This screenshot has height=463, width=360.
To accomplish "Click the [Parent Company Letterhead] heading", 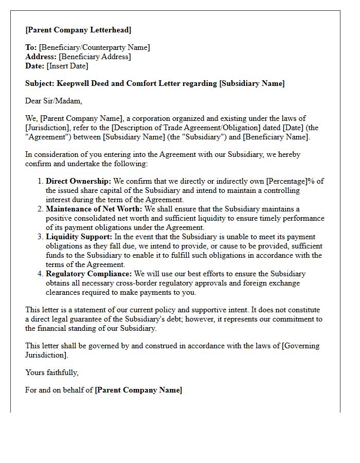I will pos(78,29).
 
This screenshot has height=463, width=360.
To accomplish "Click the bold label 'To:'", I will pos(31,47).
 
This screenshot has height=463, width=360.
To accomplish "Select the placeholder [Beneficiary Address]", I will pos(95,57).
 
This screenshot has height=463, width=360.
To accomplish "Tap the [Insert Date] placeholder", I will pos(67,66).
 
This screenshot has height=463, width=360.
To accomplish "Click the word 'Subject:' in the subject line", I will pos(40,83).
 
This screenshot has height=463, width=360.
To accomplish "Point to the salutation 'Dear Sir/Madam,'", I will pos(53,101).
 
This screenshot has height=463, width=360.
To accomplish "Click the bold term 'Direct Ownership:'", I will pos(78,181).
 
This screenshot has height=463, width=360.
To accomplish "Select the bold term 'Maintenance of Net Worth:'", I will pos(94,209).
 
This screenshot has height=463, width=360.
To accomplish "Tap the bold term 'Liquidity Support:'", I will pos(79,237).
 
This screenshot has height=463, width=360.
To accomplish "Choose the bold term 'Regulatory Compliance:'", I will pos(88,274).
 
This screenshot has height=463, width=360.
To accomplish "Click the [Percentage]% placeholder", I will pos(290,181).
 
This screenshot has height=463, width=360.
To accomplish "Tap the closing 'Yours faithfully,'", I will pos(52,372).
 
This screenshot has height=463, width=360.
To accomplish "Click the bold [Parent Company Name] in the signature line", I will pos(138,390).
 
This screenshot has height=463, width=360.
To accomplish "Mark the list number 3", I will pos(40,237).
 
